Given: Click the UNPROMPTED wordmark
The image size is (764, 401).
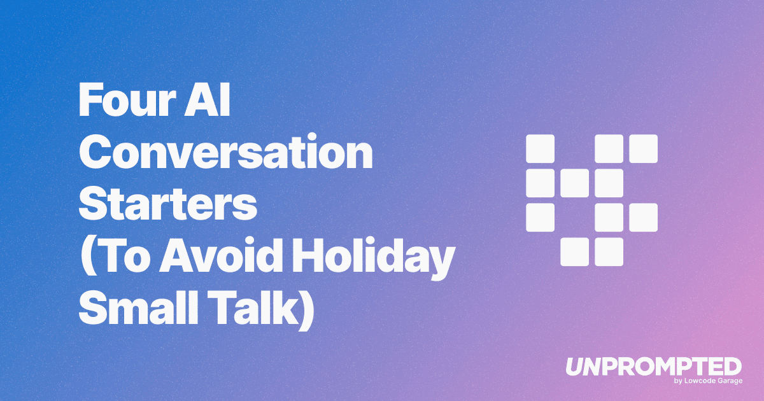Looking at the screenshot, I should pos(653,367).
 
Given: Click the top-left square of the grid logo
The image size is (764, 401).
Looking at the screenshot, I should pos(540,148).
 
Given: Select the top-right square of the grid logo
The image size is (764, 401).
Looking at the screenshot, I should pos(643,148).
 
